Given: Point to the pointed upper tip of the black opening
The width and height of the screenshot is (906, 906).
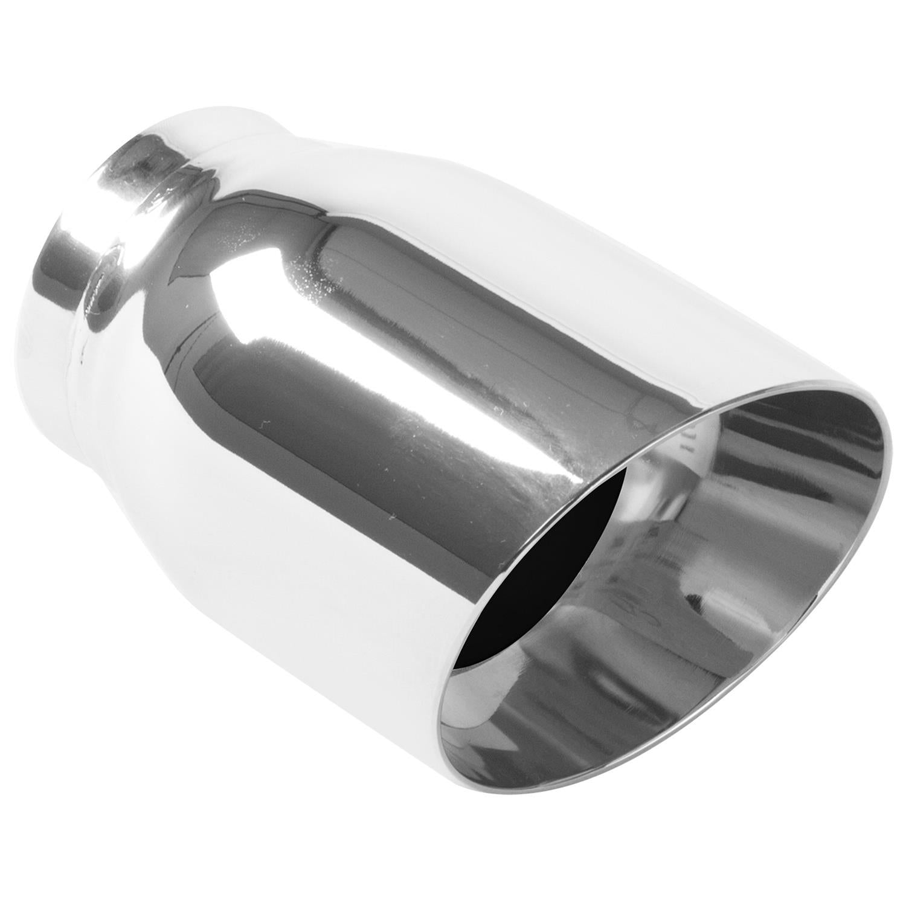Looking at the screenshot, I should [x=622, y=477].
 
